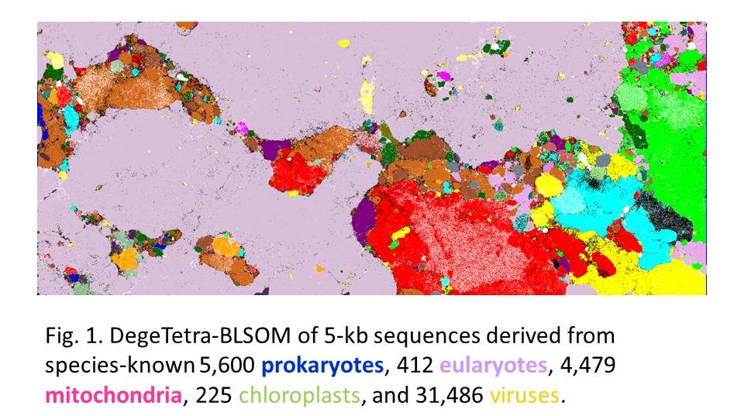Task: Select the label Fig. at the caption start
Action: pos(61,339)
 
